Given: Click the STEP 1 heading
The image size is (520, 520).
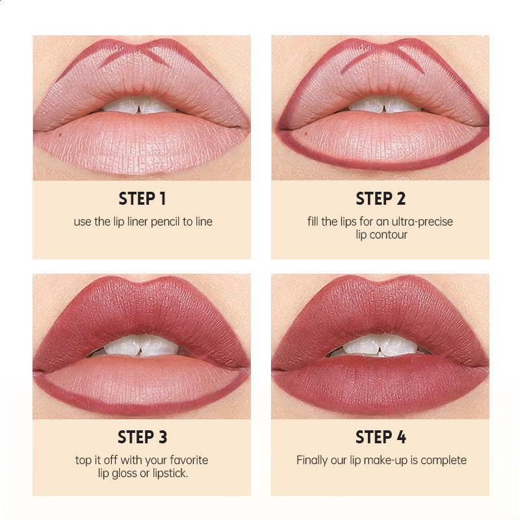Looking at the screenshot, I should [x=142, y=198].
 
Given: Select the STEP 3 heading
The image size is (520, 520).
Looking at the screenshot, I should [x=142, y=437].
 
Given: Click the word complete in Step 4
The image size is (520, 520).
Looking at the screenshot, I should [x=443, y=460].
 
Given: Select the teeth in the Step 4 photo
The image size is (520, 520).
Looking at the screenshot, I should [x=380, y=344].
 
